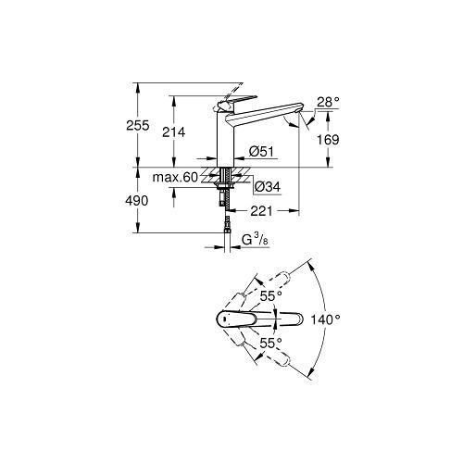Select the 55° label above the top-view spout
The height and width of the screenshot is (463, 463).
(x=269, y=295)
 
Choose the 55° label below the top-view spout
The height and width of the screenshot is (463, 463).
(x=269, y=341)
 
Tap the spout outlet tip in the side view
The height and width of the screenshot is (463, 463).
(x=299, y=119)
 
